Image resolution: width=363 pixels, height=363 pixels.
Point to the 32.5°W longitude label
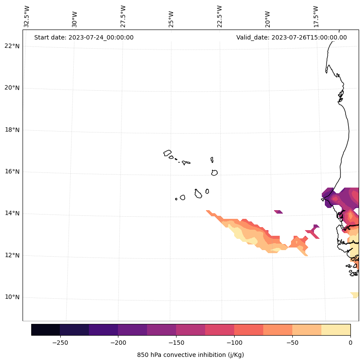[x=27, y=16]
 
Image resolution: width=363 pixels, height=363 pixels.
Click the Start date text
[x=84, y=37]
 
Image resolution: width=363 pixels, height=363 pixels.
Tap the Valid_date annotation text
[x=291, y=37]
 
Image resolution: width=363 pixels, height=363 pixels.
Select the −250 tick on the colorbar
[x=60, y=342]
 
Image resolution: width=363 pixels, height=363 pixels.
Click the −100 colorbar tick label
[x=234, y=342]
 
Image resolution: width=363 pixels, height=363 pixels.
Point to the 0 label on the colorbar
[x=350, y=342]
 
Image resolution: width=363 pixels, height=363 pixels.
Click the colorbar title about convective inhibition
[x=190, y=355]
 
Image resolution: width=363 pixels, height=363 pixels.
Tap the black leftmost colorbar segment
[x=46, y=330]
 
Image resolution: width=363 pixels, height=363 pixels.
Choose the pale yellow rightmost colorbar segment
[x=336, y=330]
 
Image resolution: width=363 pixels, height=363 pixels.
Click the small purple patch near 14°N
[x=278, y=212]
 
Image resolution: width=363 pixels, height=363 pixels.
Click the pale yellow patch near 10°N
[x=355, y=295]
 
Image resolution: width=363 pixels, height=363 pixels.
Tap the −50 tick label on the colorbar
[x=292, y=342]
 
